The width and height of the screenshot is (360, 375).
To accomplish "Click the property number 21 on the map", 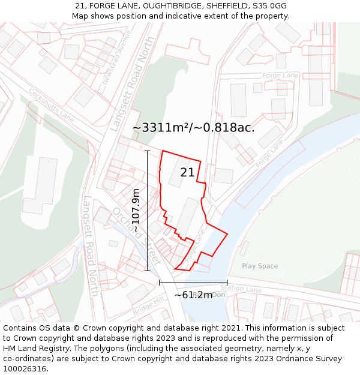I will [187, 173].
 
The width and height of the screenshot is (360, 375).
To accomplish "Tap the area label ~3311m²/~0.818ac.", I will [193, 128].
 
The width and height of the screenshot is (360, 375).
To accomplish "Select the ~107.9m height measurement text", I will [136, 210].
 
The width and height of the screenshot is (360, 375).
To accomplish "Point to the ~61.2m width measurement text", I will [193, 295].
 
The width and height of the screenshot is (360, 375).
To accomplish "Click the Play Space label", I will [260, 266].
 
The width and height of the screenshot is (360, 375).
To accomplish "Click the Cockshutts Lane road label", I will [52, 106].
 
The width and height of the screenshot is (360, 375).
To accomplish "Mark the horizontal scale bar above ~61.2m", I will [193, 283].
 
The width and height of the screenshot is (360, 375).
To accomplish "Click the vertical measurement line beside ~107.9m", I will [148, 210].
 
